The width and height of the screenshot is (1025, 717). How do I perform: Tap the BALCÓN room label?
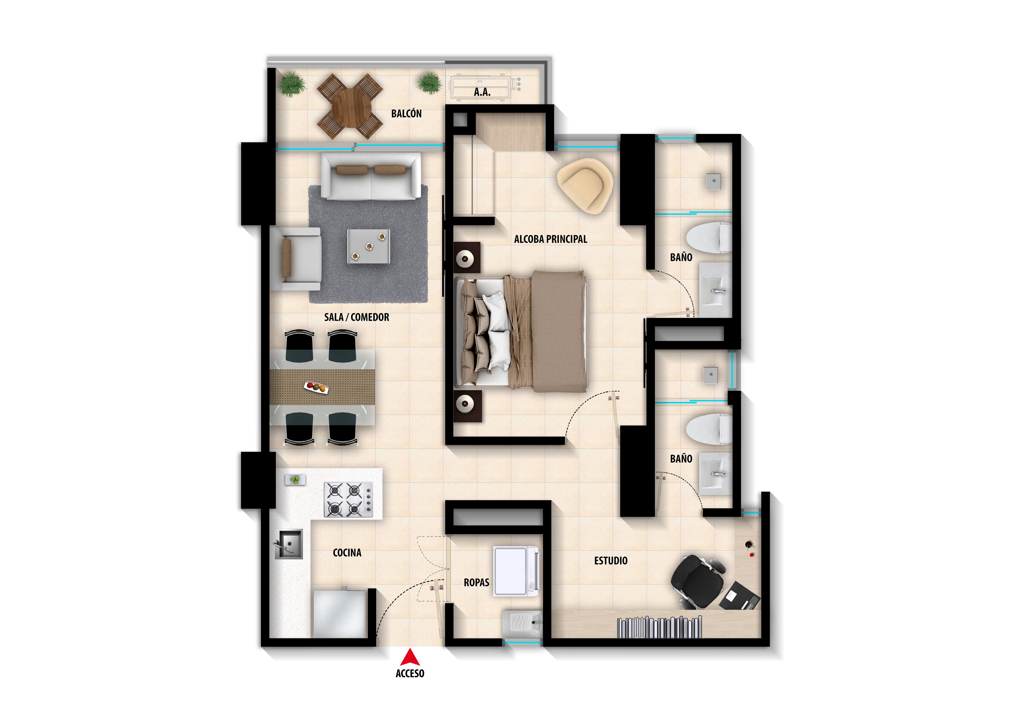coord(406,114)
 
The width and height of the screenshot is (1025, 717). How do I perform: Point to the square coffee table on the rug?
coord(369,246)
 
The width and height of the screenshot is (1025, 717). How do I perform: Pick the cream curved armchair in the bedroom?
coord(585,185)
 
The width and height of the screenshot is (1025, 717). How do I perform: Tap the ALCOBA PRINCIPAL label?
coord(550,239)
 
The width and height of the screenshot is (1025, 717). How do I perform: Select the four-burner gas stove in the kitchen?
coord(348,500)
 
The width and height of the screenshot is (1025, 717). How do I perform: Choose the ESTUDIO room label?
coord(611,561)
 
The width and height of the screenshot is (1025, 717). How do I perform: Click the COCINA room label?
coord(347,553)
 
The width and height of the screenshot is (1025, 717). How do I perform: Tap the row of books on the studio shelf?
coord(659,627)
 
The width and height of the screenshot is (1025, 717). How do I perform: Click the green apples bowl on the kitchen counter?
coord(295,480)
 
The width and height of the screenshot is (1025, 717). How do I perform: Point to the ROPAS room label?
coord(476,583)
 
